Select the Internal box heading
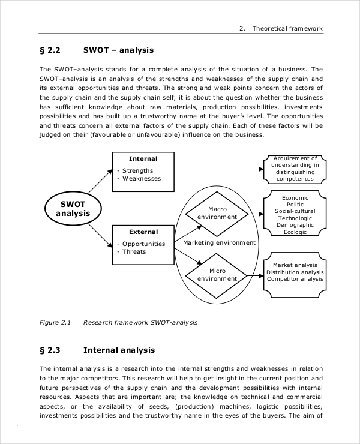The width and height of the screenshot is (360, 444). (143, 159)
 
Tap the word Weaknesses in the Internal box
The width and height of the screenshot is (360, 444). (142, 178)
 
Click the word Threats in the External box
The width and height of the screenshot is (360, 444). (134, 252)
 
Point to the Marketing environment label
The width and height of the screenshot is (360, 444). (219, 243)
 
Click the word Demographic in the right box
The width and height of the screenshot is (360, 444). (295, 225)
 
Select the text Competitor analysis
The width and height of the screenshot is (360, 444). (295, 279)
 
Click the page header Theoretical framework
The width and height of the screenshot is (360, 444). (287, 28)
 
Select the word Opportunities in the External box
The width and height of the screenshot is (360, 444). (143, 244)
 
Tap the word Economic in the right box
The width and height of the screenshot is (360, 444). (295, 198)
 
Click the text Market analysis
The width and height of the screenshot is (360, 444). (295, 265)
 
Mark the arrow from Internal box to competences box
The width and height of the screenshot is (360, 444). (219, 169)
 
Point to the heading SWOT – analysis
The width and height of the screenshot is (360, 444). (118, 50)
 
